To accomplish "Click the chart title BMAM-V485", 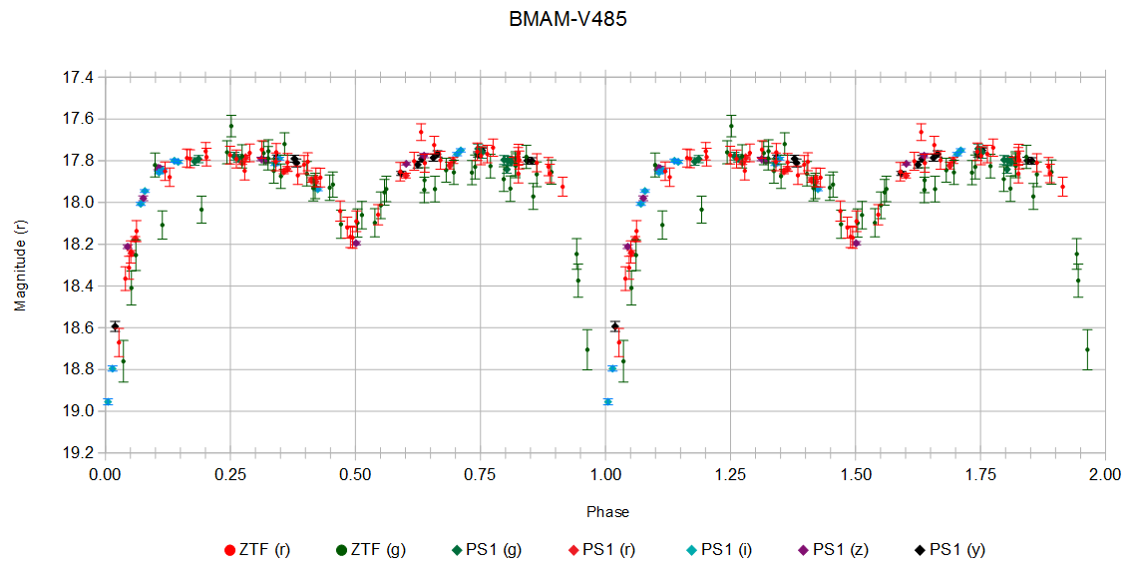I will tap(568, 19).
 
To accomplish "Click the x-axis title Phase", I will tap(607, 512).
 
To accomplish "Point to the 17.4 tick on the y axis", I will tap(80, 77).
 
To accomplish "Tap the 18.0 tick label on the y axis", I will tap(80, 203).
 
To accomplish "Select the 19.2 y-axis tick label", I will tap(80, 452).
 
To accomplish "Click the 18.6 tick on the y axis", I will tap(80, 327).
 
